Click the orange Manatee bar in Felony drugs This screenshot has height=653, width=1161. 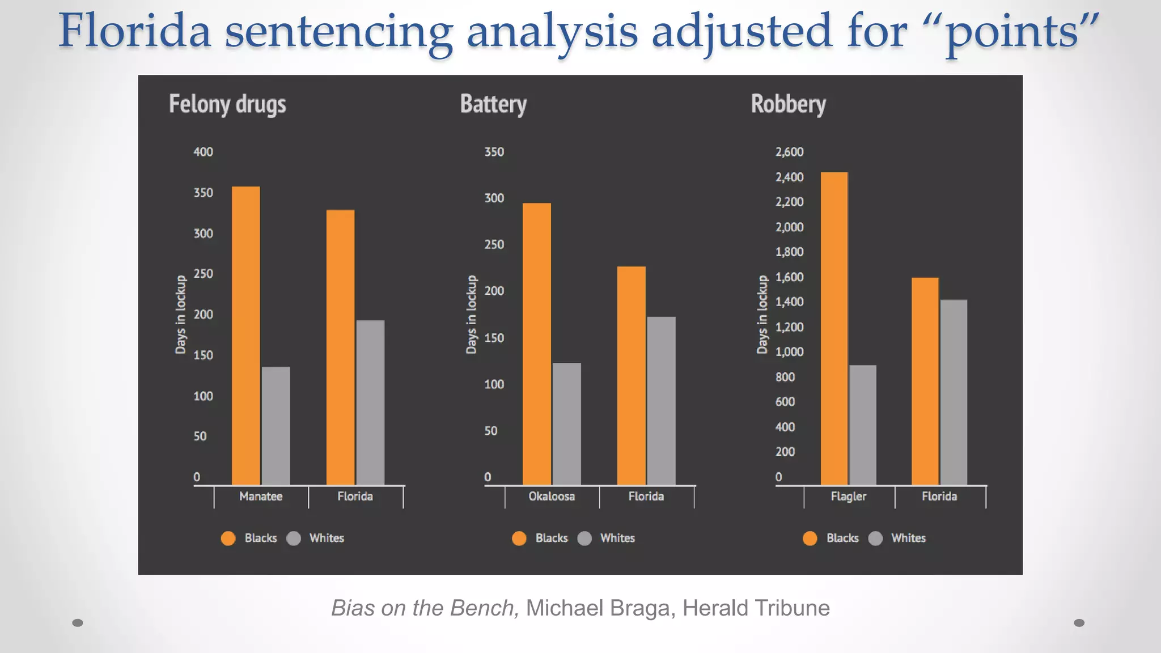(246, 336)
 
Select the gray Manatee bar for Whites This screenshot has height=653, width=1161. (276, 426)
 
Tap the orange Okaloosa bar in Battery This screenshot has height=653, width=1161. (537, 344)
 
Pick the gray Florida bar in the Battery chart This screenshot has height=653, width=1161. (662, 401)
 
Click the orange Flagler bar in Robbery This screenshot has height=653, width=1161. (834, 328)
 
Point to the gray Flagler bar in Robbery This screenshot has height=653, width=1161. (863, 425)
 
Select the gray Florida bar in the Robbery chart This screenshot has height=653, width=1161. (954, 392)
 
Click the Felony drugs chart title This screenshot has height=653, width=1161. (227, 104)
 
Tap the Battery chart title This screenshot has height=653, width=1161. (493, 104)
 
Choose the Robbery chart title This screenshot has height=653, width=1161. (788, 104)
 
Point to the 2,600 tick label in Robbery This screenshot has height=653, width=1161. (789, 152)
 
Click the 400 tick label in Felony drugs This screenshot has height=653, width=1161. (203, 152)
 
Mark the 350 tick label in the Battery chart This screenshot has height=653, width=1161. (494, 152)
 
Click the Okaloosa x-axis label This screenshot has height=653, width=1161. (552, 497)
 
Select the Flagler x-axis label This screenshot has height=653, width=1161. (849, 497)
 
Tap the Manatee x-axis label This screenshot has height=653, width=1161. (261, 497)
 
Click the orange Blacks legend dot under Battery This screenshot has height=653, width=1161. (519, 538)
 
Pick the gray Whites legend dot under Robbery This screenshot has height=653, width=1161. (876, 538)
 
